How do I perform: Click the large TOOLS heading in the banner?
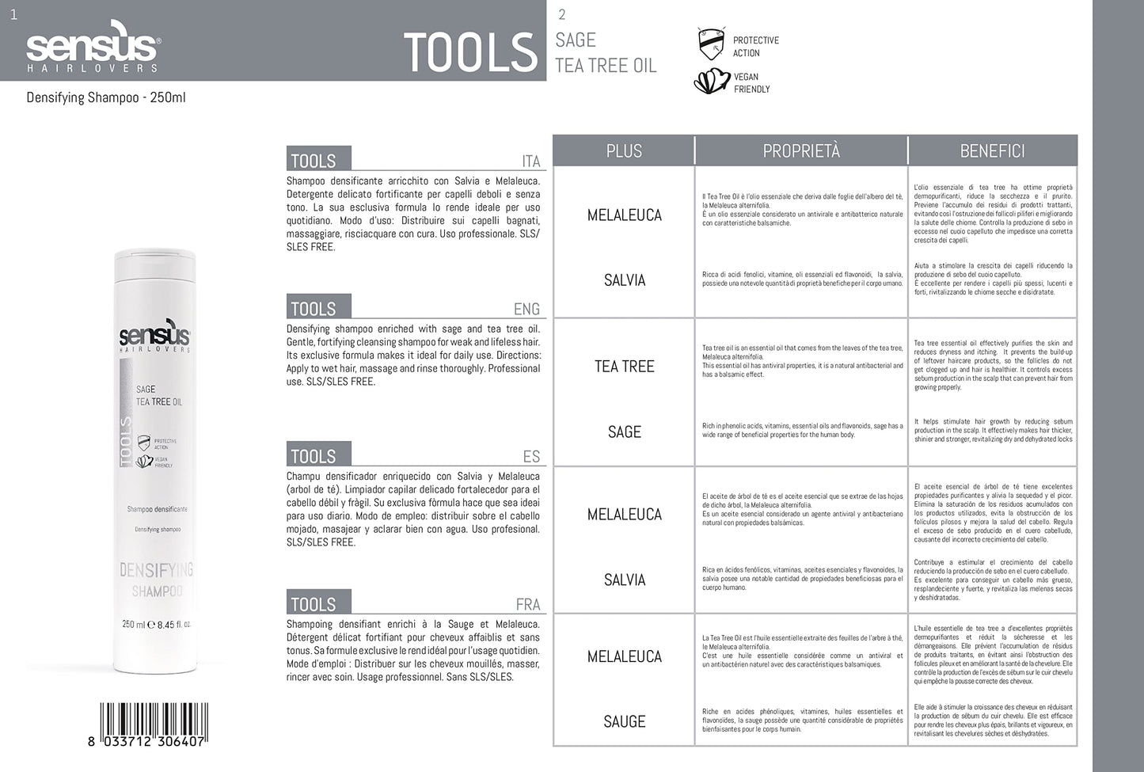click(x=470, y=52)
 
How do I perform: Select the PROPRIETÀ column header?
click(x=800, y=150)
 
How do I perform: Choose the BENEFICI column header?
click(x=992, y=150)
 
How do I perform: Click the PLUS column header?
click(x=624, y=150)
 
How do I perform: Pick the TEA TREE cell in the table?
click(x=624, y=366)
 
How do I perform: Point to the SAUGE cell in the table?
click(x=624, y=721)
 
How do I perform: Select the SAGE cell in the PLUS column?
click(x=624, y=432)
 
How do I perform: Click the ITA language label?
click(x=530, y=162)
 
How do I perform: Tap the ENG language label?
click(x=526, y=309)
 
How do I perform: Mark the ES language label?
click(x=531, y=456)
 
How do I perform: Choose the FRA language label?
click(x=527, y=604)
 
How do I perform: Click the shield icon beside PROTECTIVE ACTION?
click(x=711, y=44)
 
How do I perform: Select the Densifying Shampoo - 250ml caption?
click(x=106, y=98)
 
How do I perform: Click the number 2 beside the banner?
click(x=562, y=14)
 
